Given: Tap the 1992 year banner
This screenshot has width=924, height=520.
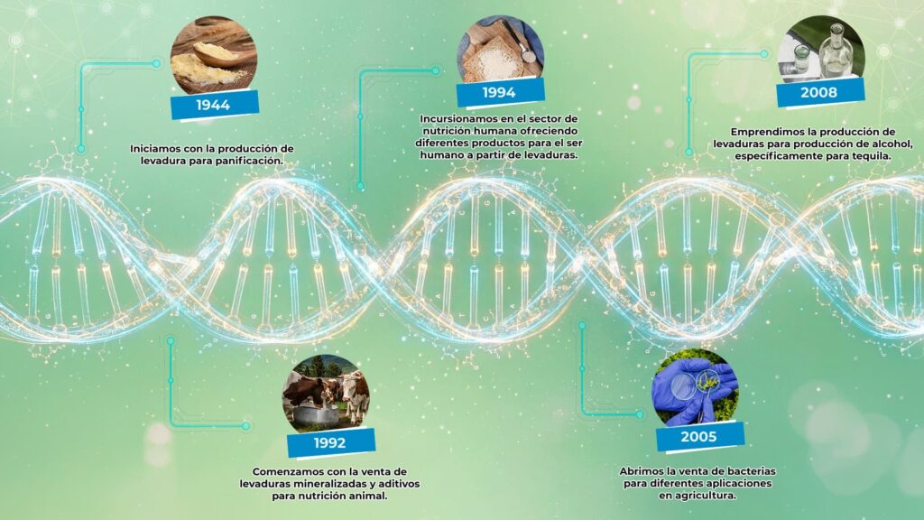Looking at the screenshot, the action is (x=330, y=442).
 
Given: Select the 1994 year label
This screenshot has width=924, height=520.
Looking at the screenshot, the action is (x=500, y=92).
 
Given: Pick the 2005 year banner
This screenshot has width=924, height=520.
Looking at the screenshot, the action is (x=699, y=436).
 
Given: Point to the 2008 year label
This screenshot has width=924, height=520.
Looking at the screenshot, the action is (x=819, y=92).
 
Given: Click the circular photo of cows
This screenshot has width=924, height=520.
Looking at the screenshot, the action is (x=326, y=394).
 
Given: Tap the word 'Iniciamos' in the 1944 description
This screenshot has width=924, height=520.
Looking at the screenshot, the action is (x=155, y=149).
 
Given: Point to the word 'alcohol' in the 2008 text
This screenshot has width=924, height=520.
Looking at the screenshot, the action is (x=892, y=144).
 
